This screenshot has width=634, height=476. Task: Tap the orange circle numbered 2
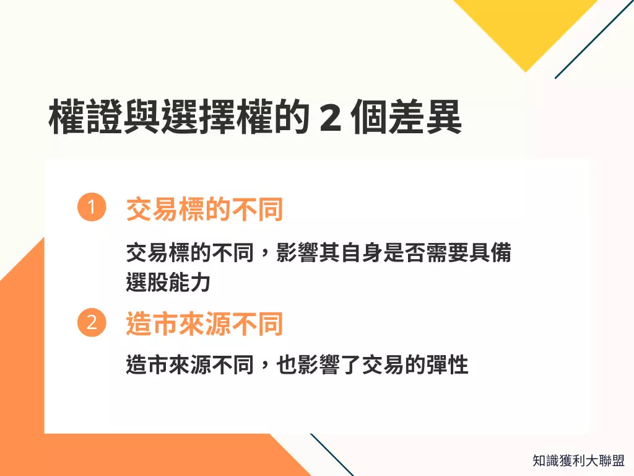(x=92, y=324)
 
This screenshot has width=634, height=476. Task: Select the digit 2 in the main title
(x=329, y=118)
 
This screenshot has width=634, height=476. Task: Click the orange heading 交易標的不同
(x=204, y=210)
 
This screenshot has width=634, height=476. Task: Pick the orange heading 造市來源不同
(x=204, y=324)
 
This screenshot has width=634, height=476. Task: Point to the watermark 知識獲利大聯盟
(x=578, y=461)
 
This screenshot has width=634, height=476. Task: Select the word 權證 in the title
(x=85, y=118)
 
